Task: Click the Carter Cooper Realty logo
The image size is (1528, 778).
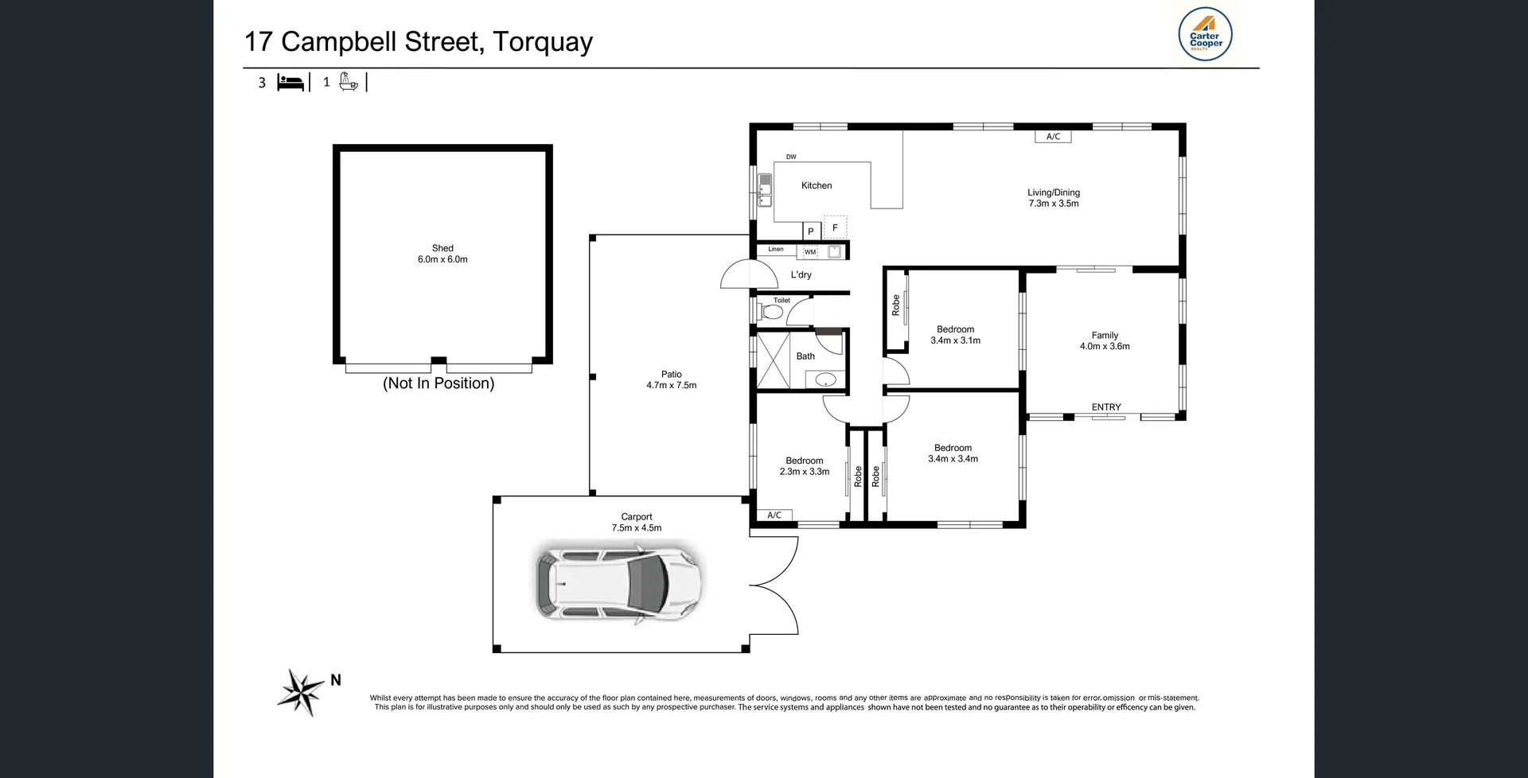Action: (1205, 35)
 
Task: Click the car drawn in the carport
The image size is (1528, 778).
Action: (618, 583)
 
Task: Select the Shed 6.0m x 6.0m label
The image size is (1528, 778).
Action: (442, 254)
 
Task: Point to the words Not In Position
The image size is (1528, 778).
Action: (439, 383)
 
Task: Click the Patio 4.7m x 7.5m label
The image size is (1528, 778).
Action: (671, 379)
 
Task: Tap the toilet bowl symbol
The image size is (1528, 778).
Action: (770, 312)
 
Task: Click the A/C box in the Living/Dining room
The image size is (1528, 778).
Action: (1053, 137)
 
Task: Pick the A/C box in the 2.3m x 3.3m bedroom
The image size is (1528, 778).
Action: (774, 515)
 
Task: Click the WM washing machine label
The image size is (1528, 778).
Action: (810, 252)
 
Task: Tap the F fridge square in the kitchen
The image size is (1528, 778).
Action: (835, 228)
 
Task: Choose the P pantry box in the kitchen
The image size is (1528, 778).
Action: (811, 231)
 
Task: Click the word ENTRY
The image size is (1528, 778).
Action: (1105, 407)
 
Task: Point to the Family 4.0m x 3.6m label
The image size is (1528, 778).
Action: (1105, 340)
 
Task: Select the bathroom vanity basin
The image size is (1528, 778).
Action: (825, 379)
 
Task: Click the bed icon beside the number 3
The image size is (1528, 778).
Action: (290, 82)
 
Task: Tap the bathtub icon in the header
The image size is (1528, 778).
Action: (349, 81)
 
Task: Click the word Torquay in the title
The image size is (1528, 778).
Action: (543, 41)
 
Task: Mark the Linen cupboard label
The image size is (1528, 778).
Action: (776, 249)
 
